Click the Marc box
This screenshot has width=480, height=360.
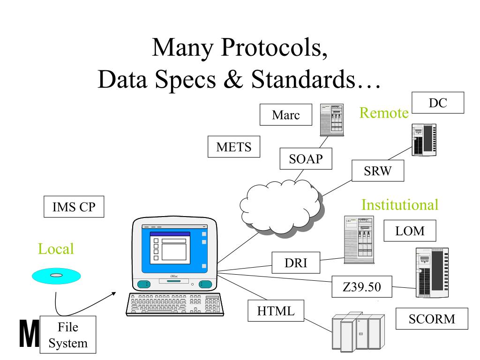tap(286, 115)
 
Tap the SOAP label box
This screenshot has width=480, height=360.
tap(306, 158)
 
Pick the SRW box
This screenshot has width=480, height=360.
tap(377, 170)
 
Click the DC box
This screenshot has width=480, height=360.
tap(437, 103)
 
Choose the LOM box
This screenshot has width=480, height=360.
tap(410, 231)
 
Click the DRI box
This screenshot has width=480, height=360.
tap(296, 263)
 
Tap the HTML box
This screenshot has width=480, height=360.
tap(276, 311)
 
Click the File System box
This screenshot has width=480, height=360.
tap(68, 334)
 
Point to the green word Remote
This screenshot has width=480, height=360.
tap(383, 112)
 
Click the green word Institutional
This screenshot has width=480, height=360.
tap(400, 205)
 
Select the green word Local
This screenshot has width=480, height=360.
tap(56, 248)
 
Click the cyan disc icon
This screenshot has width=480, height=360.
tap(56, 276)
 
